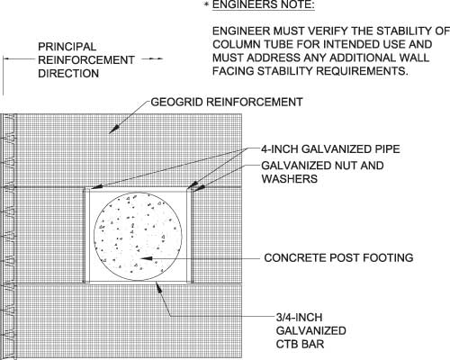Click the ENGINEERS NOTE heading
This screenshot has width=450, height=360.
(x=264, y=4)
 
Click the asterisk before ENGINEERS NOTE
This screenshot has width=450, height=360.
(x=206, y=4)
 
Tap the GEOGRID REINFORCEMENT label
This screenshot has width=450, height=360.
(x=227, y=102)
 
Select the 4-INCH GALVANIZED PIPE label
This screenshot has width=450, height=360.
(x=330, y=149)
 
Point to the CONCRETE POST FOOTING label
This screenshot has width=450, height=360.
(x=338, y=257)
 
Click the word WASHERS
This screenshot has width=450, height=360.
(x=290, y=179)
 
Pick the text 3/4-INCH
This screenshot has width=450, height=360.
(x=299, y=318)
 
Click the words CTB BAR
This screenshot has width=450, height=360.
(x=300, y=344)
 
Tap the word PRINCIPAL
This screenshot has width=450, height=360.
(x=67, y=47)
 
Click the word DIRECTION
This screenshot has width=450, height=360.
(x=68, y=74)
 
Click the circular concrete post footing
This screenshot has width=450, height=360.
(x=138, y=237)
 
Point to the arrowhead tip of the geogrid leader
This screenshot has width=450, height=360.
(x=109, y=133)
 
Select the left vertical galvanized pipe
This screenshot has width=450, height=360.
(x=86, y=235)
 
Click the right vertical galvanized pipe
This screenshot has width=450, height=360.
(x=190, y=235)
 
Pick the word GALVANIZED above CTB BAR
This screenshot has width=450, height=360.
(x=311, y=330)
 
